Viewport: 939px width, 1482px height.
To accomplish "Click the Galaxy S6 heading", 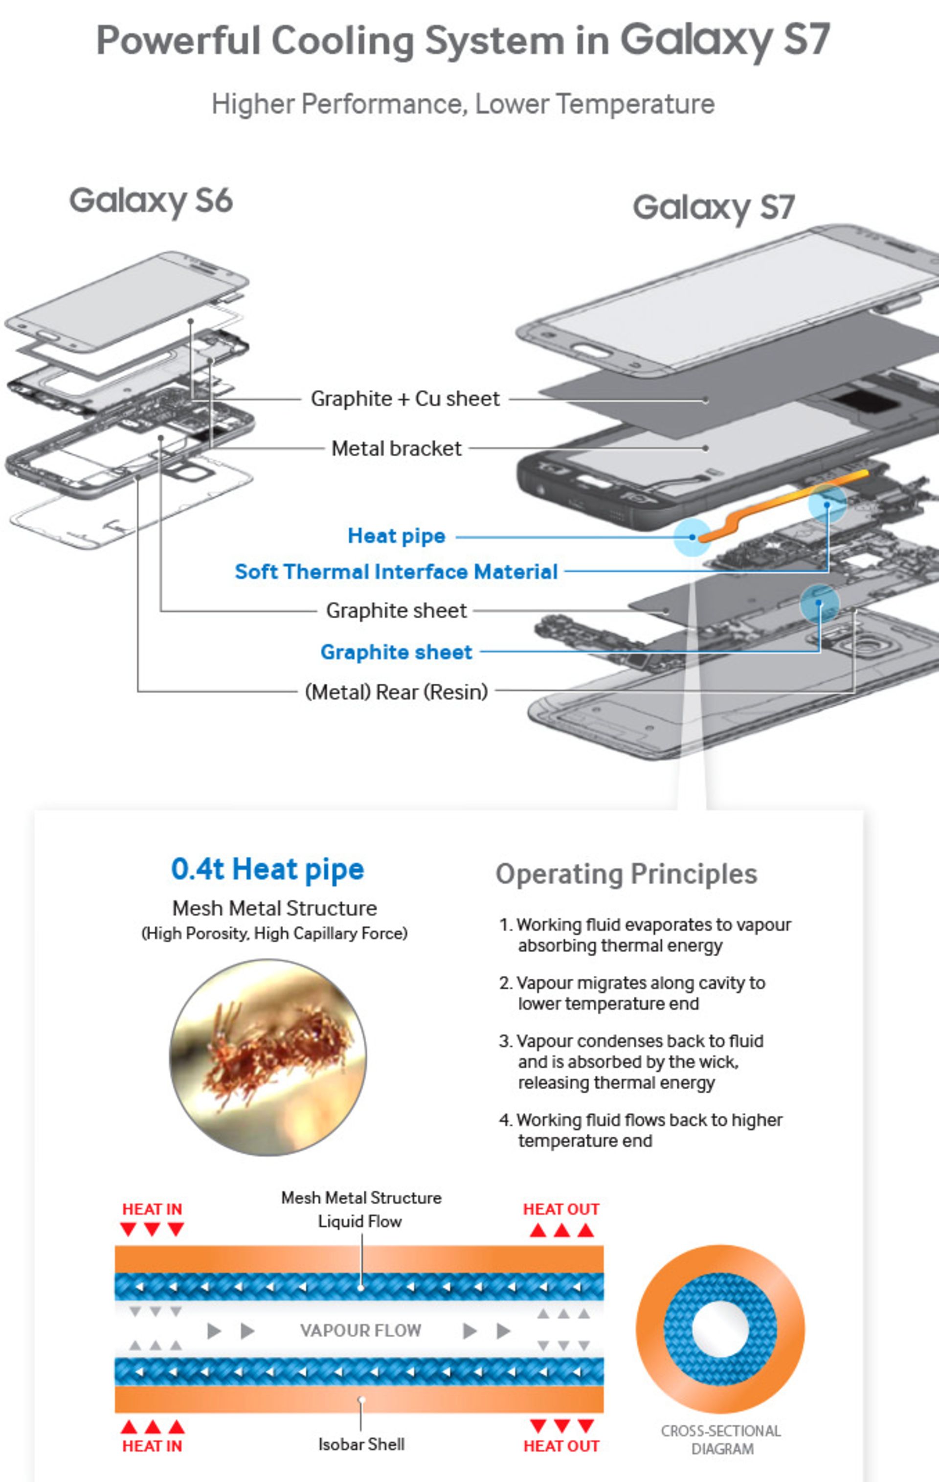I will (x=151, y=201).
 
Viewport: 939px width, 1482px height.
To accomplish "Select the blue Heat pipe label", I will (x=396, y=536).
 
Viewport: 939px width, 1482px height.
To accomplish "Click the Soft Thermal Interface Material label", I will (x=396, y=572).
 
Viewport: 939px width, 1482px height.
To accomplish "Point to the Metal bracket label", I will (x=396, y=449).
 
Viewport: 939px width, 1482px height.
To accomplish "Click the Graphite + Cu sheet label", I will (x=405, y=399).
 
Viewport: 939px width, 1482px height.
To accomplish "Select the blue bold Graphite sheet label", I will (x=396, y=652).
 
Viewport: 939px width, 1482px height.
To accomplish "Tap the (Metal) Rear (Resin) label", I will (x=396, y=692).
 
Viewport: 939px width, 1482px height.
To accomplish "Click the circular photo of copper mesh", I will (x=268, y=1057).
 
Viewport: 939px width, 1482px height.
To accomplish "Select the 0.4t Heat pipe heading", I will (x=268, y=869).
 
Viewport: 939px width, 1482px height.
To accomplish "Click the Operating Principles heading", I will (x=626, y=874).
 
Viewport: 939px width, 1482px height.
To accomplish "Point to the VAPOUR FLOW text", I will (x=360, y=1330).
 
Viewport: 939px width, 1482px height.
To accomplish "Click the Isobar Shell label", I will (x=361, y=1444).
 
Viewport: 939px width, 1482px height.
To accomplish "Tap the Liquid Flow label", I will (x=360, y=1221).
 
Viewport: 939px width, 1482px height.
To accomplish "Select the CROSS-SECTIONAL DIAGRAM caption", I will (x=721, y=1439).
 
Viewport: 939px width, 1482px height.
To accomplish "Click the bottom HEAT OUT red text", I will (x=561, y=1446).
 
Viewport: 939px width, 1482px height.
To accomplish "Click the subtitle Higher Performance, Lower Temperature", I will (x=463, y=104).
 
